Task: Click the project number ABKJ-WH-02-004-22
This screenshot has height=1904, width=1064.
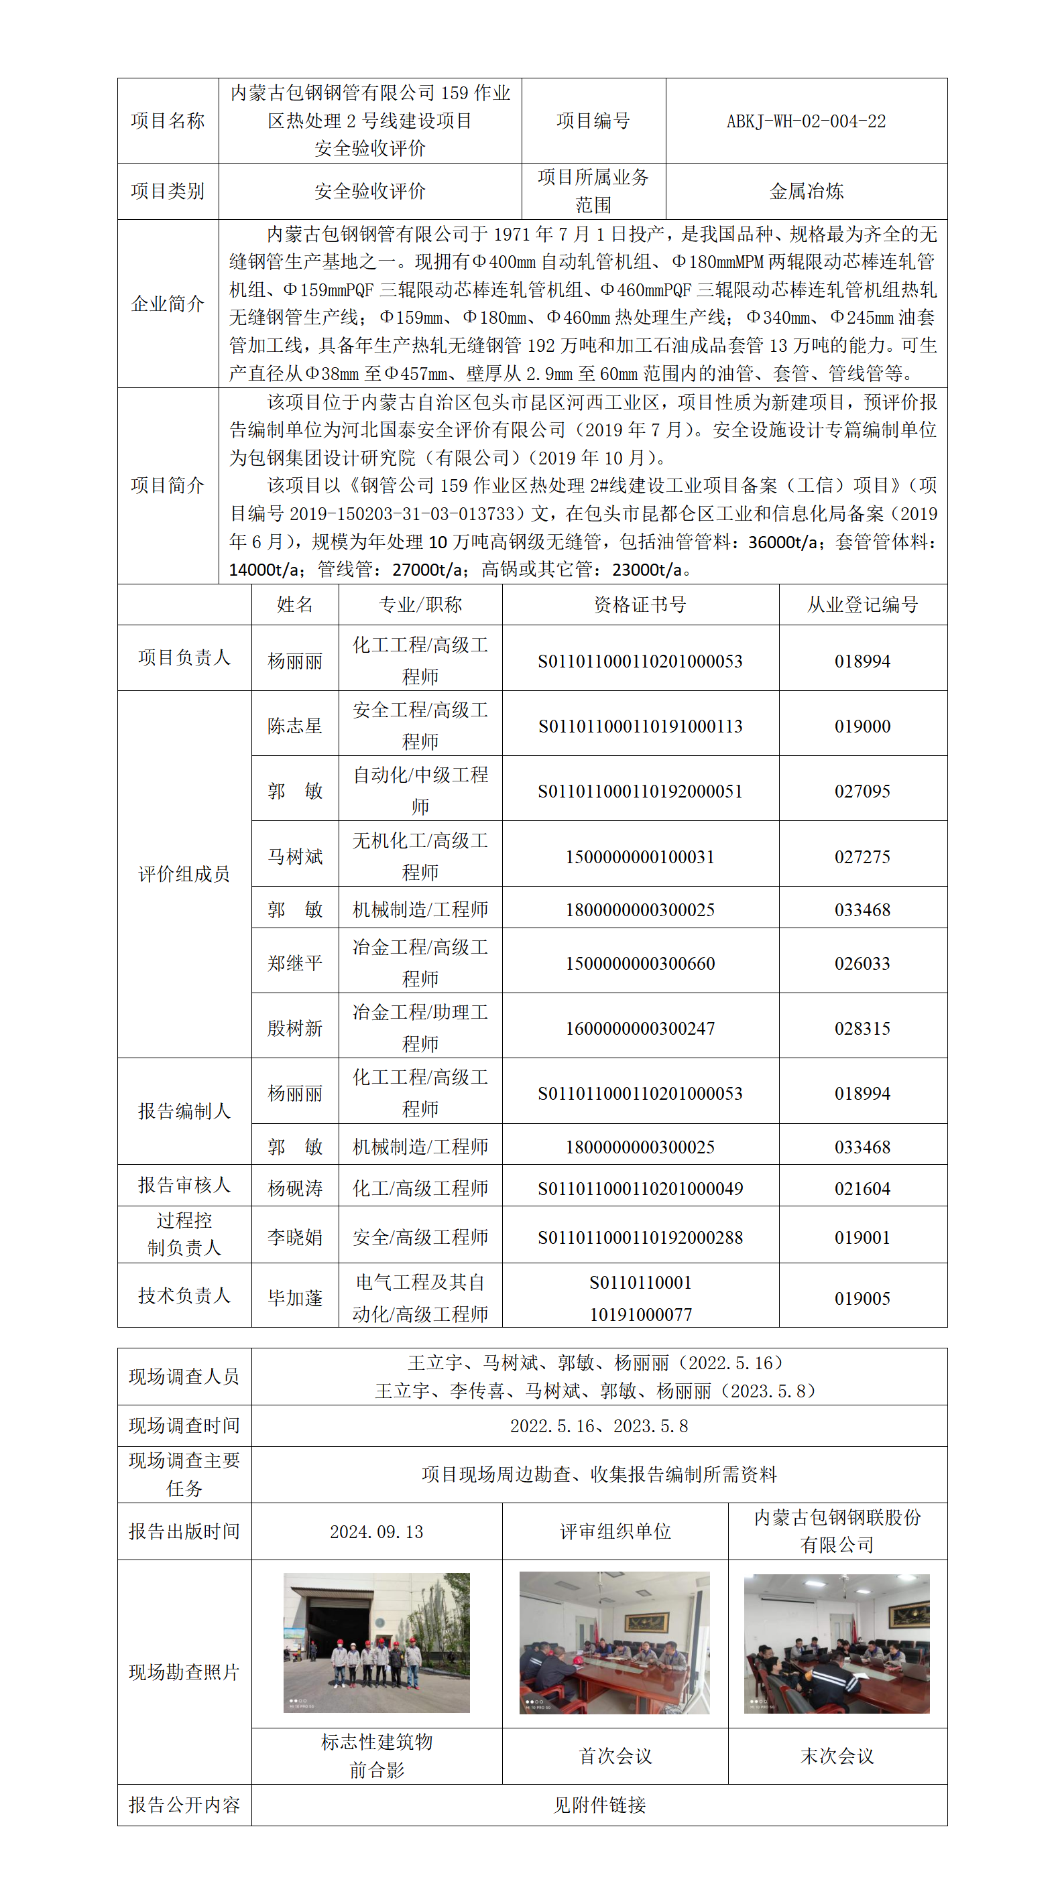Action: [x=805, y=121]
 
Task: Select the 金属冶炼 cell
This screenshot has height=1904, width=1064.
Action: [x=806, y=192]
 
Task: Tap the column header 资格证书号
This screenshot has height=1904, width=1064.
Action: [x=640, y=605]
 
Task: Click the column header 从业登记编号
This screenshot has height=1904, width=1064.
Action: [x=862, y=605]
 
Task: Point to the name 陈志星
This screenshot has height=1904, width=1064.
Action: [x=295, y=726]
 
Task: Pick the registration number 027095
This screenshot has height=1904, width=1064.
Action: [x=862, y=791]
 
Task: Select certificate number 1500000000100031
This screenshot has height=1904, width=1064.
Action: [x=640, y=856]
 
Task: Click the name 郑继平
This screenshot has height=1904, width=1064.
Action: [x=295, y=963]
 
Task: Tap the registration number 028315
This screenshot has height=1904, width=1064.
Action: [x=862, y=1028]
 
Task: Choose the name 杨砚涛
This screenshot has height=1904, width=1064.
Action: [x=295, y=1188]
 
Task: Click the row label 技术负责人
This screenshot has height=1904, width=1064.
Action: [x=184, y=1295]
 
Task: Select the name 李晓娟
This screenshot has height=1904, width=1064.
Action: [x=295, y=1237]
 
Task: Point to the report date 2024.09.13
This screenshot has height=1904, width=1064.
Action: [x=376, y=1531]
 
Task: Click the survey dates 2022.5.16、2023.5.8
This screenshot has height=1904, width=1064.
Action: [x=599, y=1425]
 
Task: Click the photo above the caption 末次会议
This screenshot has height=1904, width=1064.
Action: [x=836, y=1643]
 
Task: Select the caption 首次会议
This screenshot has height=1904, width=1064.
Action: [x=615, y=1755]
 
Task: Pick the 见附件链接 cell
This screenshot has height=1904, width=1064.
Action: [x=599, y=1805]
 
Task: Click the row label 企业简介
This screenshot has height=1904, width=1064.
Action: [x=168, y=304]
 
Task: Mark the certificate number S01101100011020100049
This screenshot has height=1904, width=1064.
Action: [x=640, y=1188]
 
